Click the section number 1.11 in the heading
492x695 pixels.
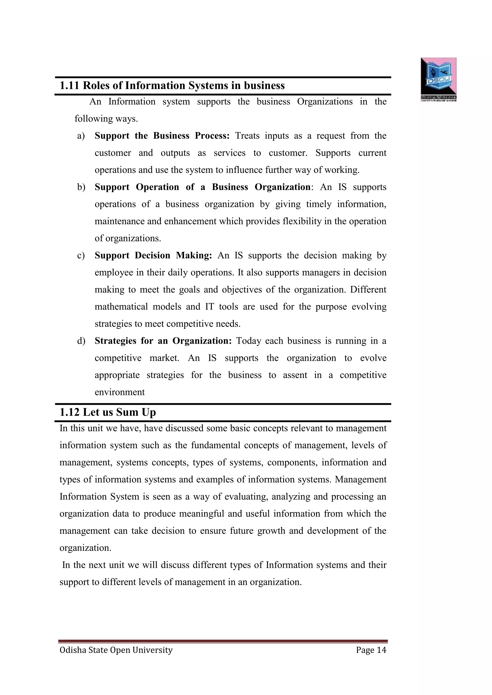point(69,86)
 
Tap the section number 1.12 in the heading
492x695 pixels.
point(69,412)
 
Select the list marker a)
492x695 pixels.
point(81,136)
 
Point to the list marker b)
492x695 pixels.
point(81,187)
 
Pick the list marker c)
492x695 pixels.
point(81,256)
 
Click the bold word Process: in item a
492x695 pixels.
point(212,136)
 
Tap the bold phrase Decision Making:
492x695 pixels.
point(173,256)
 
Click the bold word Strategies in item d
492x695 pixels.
point(115,341)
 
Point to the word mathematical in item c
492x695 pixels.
point(121,307)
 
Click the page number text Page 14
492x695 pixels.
point(371,650)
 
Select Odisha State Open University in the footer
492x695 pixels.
point(116,650)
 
